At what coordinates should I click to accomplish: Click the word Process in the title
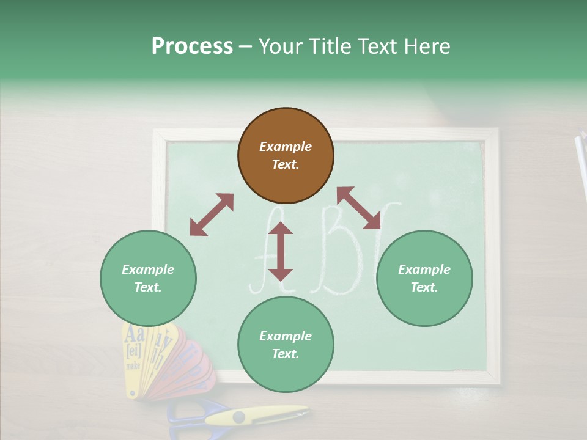tap(192, 46)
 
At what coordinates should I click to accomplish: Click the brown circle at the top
tap(286, 156)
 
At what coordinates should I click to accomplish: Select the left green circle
tap(148, 278)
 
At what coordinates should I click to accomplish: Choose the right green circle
tap(424, 278)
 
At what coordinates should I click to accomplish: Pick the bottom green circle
tap(286, 345)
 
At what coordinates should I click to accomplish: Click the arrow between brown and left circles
tap(212, 215)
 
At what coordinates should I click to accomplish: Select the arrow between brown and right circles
tap(359, 208)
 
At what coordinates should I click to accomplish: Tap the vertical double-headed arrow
tap(281, 251)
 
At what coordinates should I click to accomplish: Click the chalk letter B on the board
tap(339, 251)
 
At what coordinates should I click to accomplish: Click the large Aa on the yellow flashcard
tap(134, 335)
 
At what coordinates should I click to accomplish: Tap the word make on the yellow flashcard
tap(133, 365)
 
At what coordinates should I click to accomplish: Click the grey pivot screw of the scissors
tap(238, 417)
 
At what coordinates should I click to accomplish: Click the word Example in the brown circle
tap(286, 147)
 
